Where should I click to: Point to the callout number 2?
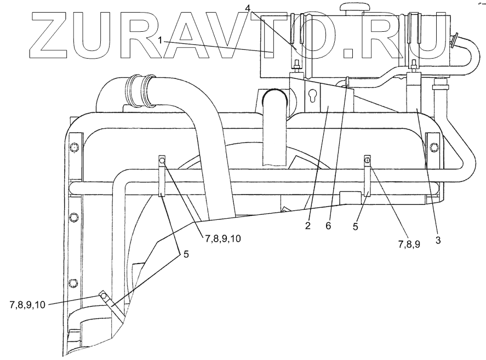click(308, 225)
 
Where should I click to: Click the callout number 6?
click(328, 225)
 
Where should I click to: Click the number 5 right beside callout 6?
click(355, 225)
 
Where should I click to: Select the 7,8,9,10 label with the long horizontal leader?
click(27, 305)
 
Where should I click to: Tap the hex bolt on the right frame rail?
click(434, 147)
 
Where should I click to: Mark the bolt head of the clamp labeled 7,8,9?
click(368, 160)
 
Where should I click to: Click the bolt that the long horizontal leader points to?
click(103, 296)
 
